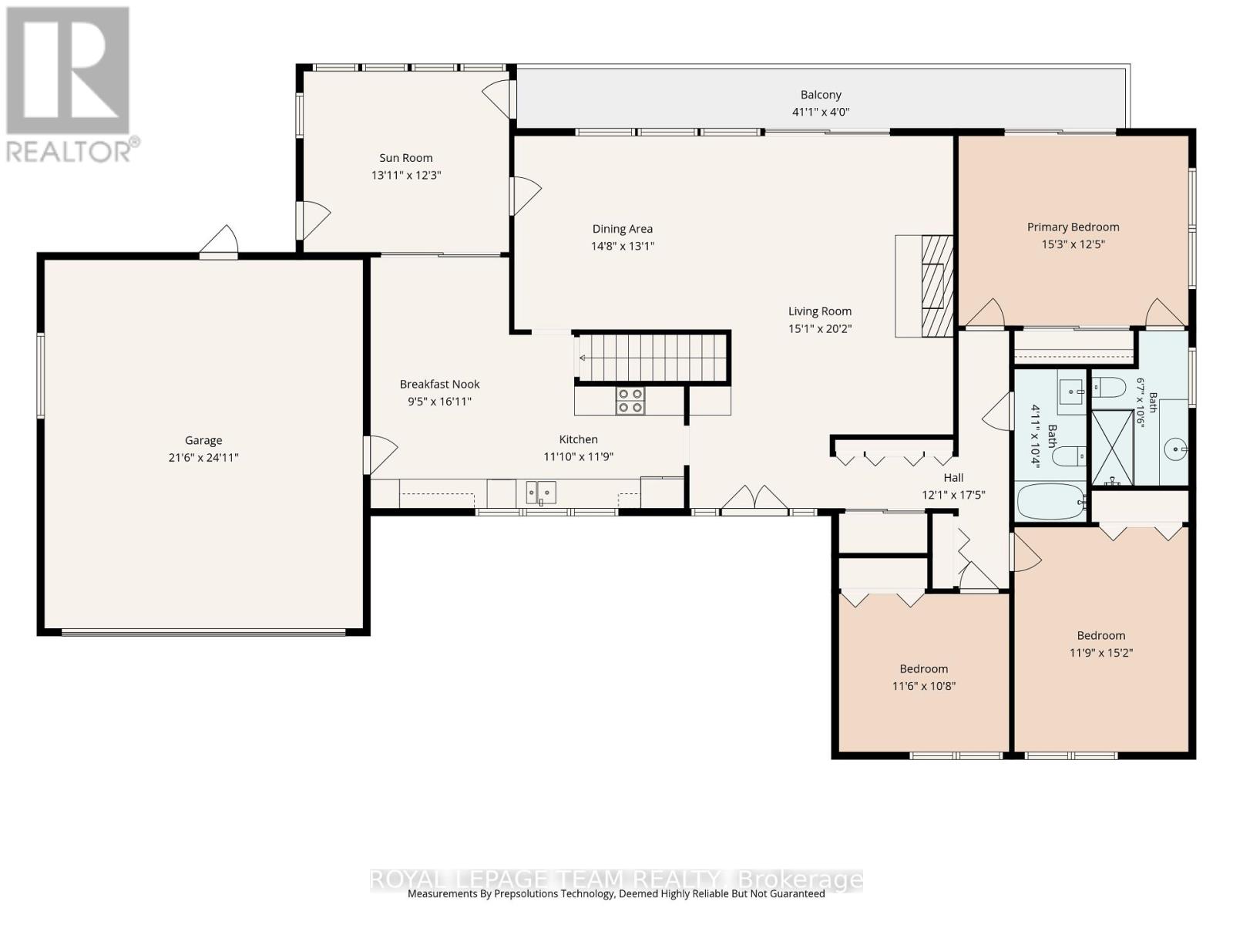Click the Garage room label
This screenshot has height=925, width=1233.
tap(203, 440)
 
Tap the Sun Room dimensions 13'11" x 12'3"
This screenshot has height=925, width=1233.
tap(405, 175)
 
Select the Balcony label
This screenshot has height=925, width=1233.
tap(821, 95)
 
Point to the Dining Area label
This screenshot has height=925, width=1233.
tap(623, 229)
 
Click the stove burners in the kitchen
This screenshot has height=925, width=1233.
tap(630, 401)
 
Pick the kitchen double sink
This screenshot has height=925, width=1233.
tap(541, 493)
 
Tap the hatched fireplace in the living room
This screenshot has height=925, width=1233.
tap(938, 286)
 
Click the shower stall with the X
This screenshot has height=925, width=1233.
tap(1112, 448)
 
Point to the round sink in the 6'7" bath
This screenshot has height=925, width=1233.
tap(1176, 449)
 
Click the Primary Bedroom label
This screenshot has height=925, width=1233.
tap(1073, 227)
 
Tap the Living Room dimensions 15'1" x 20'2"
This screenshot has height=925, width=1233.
tap(820, 328)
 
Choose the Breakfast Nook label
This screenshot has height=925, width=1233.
tap(439, 384)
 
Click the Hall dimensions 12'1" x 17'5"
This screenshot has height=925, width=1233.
tap(953, 495)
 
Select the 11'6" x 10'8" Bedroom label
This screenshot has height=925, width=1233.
tap(923, 668)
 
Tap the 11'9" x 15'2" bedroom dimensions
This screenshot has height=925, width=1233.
tap(1100, 653)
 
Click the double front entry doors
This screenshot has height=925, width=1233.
tap(754, 499)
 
